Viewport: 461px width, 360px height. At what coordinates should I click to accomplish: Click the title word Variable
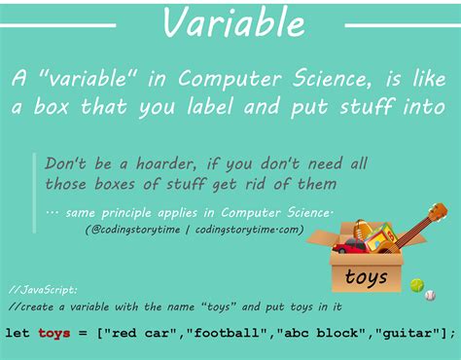click(230, 22)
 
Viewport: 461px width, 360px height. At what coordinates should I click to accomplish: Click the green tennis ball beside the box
click(417, 285)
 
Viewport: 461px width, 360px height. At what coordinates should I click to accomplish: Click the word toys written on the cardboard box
click(366, 277)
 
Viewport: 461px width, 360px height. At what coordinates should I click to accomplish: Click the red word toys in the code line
click(54, 334)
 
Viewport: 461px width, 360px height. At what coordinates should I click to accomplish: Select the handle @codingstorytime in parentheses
click(140, 229)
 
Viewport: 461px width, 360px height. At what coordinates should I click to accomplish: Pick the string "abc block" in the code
click(308, 334)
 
